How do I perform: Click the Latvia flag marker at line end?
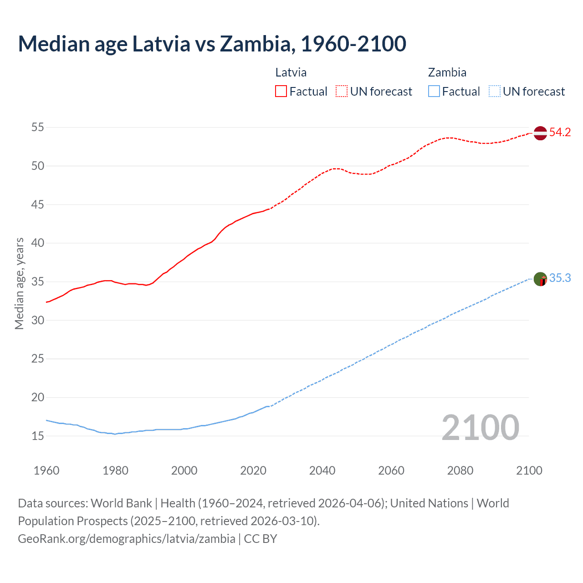pyautogui.click(x=540, y=133)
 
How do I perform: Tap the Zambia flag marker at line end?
pyautogui.click(x=540, y=279)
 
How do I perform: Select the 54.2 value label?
pyautogui.click(x=560, y=133)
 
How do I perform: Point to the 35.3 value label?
pyautogui.click(x=560, y=278)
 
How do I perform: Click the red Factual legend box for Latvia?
pyautogui.click(x=281, y=92)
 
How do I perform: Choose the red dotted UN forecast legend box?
pyautogui.click(x=342, y=92)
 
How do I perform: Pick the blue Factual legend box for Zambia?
pyautogui.click(x=434, y=92)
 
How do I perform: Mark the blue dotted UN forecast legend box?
pyautogui.click(x=494, y=92)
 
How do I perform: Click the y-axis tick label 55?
pyautogui.click(x=38, y=128)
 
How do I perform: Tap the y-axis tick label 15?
pyautogui.click(x=38, y=436)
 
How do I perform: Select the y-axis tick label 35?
pyautogui.click(x=38, y=282)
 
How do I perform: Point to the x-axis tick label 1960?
pyautogui.click(x=46, y=470)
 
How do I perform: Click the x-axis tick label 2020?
pyautogui.click(x=253, y=470)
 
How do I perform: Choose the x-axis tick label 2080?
pyautogui.click(x=460, y=470)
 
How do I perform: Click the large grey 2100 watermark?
pyautogui.click(x=480, y=428)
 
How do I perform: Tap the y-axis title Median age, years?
pyautogui.click(x=19, y=283)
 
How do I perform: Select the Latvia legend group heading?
pyautogui.click(x=291, y=72)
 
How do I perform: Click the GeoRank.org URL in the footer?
pyautogui.click(x=127, y=538)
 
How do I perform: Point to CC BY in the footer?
pyautogui.click(x=261, y=538)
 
